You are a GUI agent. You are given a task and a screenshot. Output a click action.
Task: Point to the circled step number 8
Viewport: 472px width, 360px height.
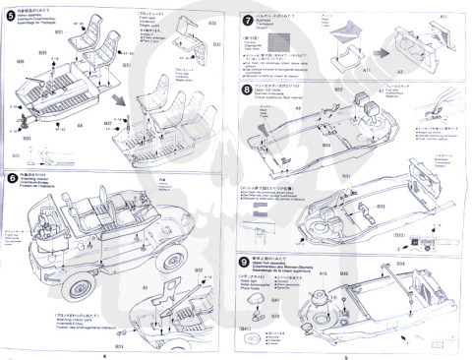point(246,90)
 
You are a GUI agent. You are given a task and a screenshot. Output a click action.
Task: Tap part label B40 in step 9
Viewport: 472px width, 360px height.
point(344,271)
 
